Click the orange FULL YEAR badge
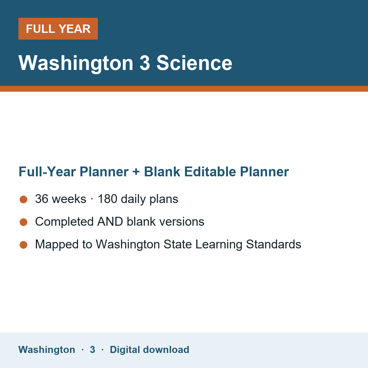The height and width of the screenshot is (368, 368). point(58,29)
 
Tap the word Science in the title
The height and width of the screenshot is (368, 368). point(194,63)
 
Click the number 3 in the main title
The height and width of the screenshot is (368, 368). point(144,63)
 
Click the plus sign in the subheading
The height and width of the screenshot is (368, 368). point(136,172)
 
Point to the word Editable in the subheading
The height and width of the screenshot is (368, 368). point(210,172)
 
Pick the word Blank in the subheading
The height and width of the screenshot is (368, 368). point(162,172)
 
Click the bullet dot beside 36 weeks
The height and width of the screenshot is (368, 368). point(24,200)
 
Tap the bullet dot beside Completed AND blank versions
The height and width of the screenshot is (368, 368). point(24,222)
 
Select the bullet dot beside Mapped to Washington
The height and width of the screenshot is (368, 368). point(24,245)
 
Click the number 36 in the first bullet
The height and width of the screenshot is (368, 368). point(42,199)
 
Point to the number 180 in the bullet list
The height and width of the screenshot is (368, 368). point(108,199)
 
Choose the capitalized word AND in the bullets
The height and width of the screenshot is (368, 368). point(110,221)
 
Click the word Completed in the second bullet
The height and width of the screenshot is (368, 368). point(64,221)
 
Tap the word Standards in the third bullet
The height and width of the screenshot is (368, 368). point(274,244)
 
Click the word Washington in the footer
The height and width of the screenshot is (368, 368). point(47,350)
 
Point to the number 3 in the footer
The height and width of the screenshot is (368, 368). point(93,350)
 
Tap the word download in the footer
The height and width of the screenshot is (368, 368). point(166,350)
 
